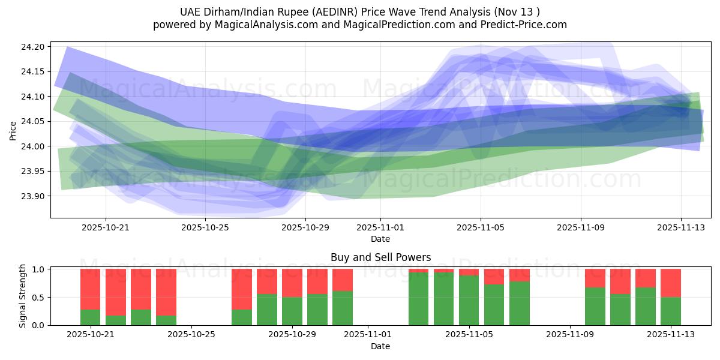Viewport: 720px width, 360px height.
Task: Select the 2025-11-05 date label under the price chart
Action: [480, 227]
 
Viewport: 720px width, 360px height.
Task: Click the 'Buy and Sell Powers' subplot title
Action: [380, 257]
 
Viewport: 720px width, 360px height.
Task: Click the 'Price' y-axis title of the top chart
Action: [14, 130]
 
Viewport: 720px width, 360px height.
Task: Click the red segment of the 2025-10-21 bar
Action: [91, 289]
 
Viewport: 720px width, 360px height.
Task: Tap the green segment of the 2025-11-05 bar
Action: [469, 300]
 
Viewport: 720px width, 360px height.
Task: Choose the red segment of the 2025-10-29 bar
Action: [292, 283]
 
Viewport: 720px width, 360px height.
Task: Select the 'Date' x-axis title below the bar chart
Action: [380, 346]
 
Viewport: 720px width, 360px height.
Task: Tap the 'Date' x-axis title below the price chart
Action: [380, 239]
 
